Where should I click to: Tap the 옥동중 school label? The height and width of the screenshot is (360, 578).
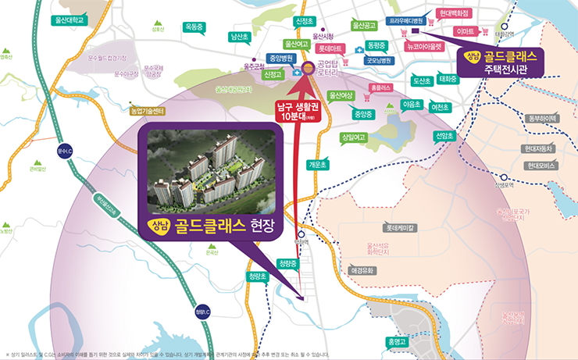pyautogui.click(x=193, y=27)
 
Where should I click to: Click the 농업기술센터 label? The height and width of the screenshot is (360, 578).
pyautogui.click(x=148, y=111)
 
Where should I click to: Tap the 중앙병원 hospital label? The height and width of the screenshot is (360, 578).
pyautogui.click(x=279, y=58)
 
